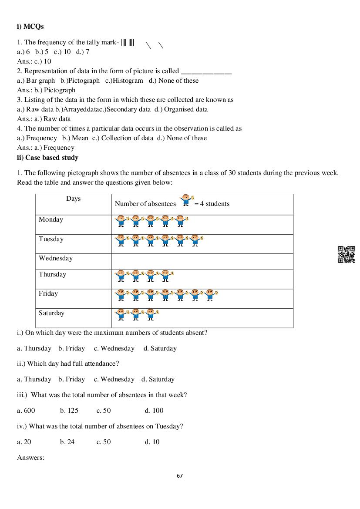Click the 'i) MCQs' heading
[x=30, y=27]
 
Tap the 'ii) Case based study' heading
[x=47, y=157]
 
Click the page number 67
[x=180, y=475]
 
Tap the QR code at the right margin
[x=346, y=255]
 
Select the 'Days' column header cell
[x=73, y=199]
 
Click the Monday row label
[x=51, y=219]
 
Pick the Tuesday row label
[x=51, y=239]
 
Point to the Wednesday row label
[x=56, y=258]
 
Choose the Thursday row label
[x=52, y=274]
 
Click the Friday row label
[x=48, y=293]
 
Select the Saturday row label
[x=51, y=313]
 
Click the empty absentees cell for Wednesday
[x=202, y=262]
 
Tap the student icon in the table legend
[x=186, y=200]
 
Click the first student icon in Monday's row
[x=121, y=221]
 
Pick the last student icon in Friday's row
[x=211, y=295]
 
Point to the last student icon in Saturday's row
[x=151, y=314]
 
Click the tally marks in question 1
[x=128, y=43]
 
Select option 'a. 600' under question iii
[x=26, y=411]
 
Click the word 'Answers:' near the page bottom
[x=31, y=458]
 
